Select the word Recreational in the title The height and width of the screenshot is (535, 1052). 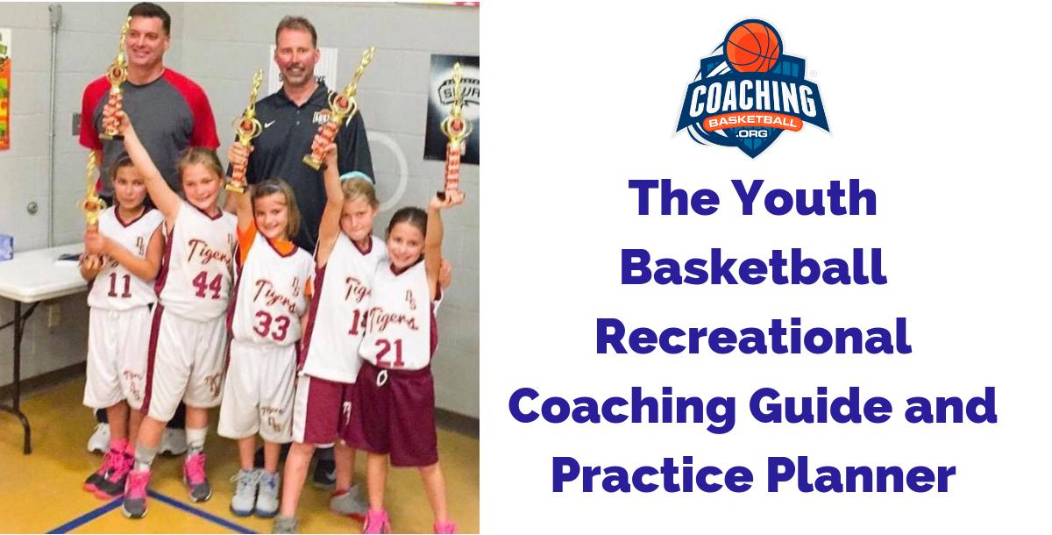[753, 338]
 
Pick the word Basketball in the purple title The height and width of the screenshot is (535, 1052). [753, 268]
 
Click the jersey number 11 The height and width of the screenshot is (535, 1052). [120, 286]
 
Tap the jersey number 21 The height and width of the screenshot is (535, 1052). [389, 351]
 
